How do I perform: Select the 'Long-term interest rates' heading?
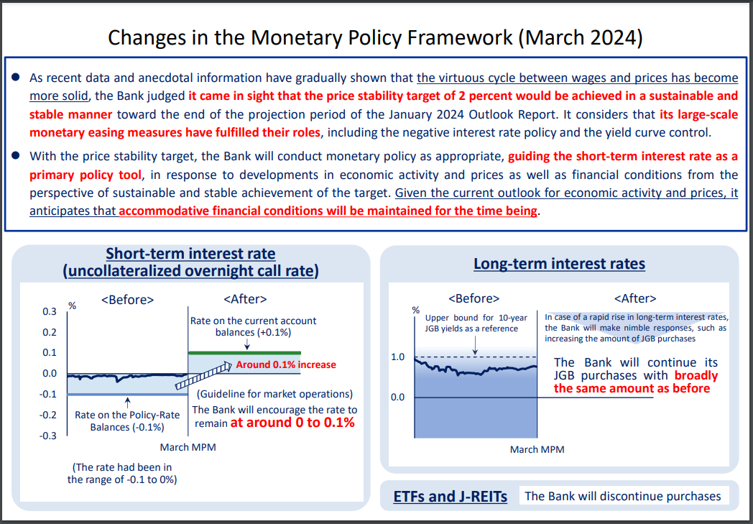coord(559,264)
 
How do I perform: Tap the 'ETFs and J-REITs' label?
coord(450,497)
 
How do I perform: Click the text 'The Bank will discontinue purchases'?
coord(622,496)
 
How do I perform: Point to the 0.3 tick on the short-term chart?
coord(49,311)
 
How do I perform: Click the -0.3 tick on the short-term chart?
coord(47,436)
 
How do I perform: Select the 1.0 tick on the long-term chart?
coord(397,357)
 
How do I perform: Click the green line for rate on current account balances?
coord(244,352)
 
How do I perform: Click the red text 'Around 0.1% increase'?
coord(285,364)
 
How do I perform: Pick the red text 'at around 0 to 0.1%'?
coord(292,423)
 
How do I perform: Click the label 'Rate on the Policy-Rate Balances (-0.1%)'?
coord(126,420)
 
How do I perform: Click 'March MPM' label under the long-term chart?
coord(537,449)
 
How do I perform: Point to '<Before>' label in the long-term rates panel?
coord(473,298)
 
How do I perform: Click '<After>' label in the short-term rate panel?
coord(245,299)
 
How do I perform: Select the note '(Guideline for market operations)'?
coord(274,394)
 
